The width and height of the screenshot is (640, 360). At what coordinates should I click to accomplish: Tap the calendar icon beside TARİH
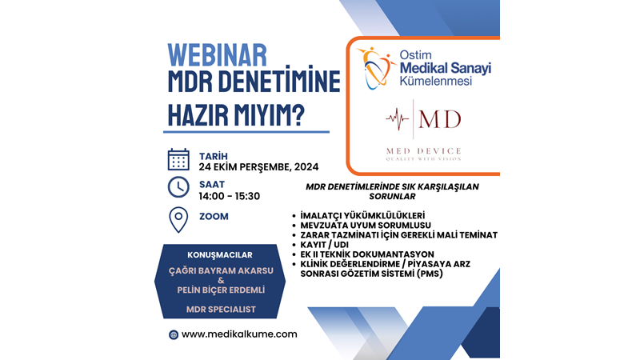tap(178, 158)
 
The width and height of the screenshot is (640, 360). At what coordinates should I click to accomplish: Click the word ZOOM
tap(214, 216)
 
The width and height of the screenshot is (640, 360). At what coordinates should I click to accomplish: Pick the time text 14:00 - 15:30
tap(229, 196)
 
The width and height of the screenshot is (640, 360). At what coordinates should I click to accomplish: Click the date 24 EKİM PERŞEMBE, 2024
tap(259, 167)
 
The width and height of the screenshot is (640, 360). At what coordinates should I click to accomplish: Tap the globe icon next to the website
tap(173, 334)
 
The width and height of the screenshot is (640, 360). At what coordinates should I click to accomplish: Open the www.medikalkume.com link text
tap(239, 334)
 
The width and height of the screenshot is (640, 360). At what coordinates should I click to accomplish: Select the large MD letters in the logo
tap(440, 120)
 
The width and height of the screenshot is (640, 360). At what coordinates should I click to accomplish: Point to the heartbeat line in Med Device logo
tap(397, 121)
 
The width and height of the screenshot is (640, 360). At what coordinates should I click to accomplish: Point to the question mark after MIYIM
tap(298, 114)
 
